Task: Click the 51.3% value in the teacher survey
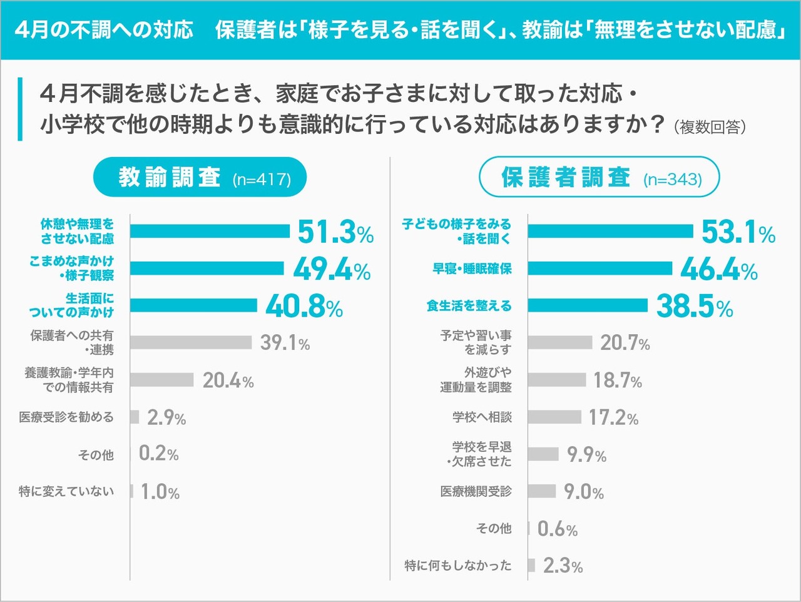coord(335,232)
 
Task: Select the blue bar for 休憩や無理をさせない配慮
coord(210,231)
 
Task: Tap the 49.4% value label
coord(332,269)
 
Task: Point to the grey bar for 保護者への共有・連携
coord(191,342)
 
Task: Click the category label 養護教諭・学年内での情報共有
coord(69,380)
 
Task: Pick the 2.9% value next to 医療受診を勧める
coord(166,417)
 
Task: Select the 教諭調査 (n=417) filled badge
coord(200,178)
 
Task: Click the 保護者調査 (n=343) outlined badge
coord(599,178)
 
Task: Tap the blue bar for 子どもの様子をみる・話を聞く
coord(610,231)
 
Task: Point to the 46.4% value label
coord(718,269)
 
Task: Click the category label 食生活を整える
coord(469,305)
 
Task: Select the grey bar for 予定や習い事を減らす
coord(559,342)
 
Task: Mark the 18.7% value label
coord(617,380)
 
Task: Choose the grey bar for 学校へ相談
coord(554,417)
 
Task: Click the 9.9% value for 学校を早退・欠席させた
coord(586,454)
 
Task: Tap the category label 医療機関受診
coord(476,491)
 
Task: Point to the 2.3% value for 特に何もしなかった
coord(563,566)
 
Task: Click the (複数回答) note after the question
coord(710,127)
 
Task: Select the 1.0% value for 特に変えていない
coord(160,492)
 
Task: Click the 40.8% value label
coord(304,306)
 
